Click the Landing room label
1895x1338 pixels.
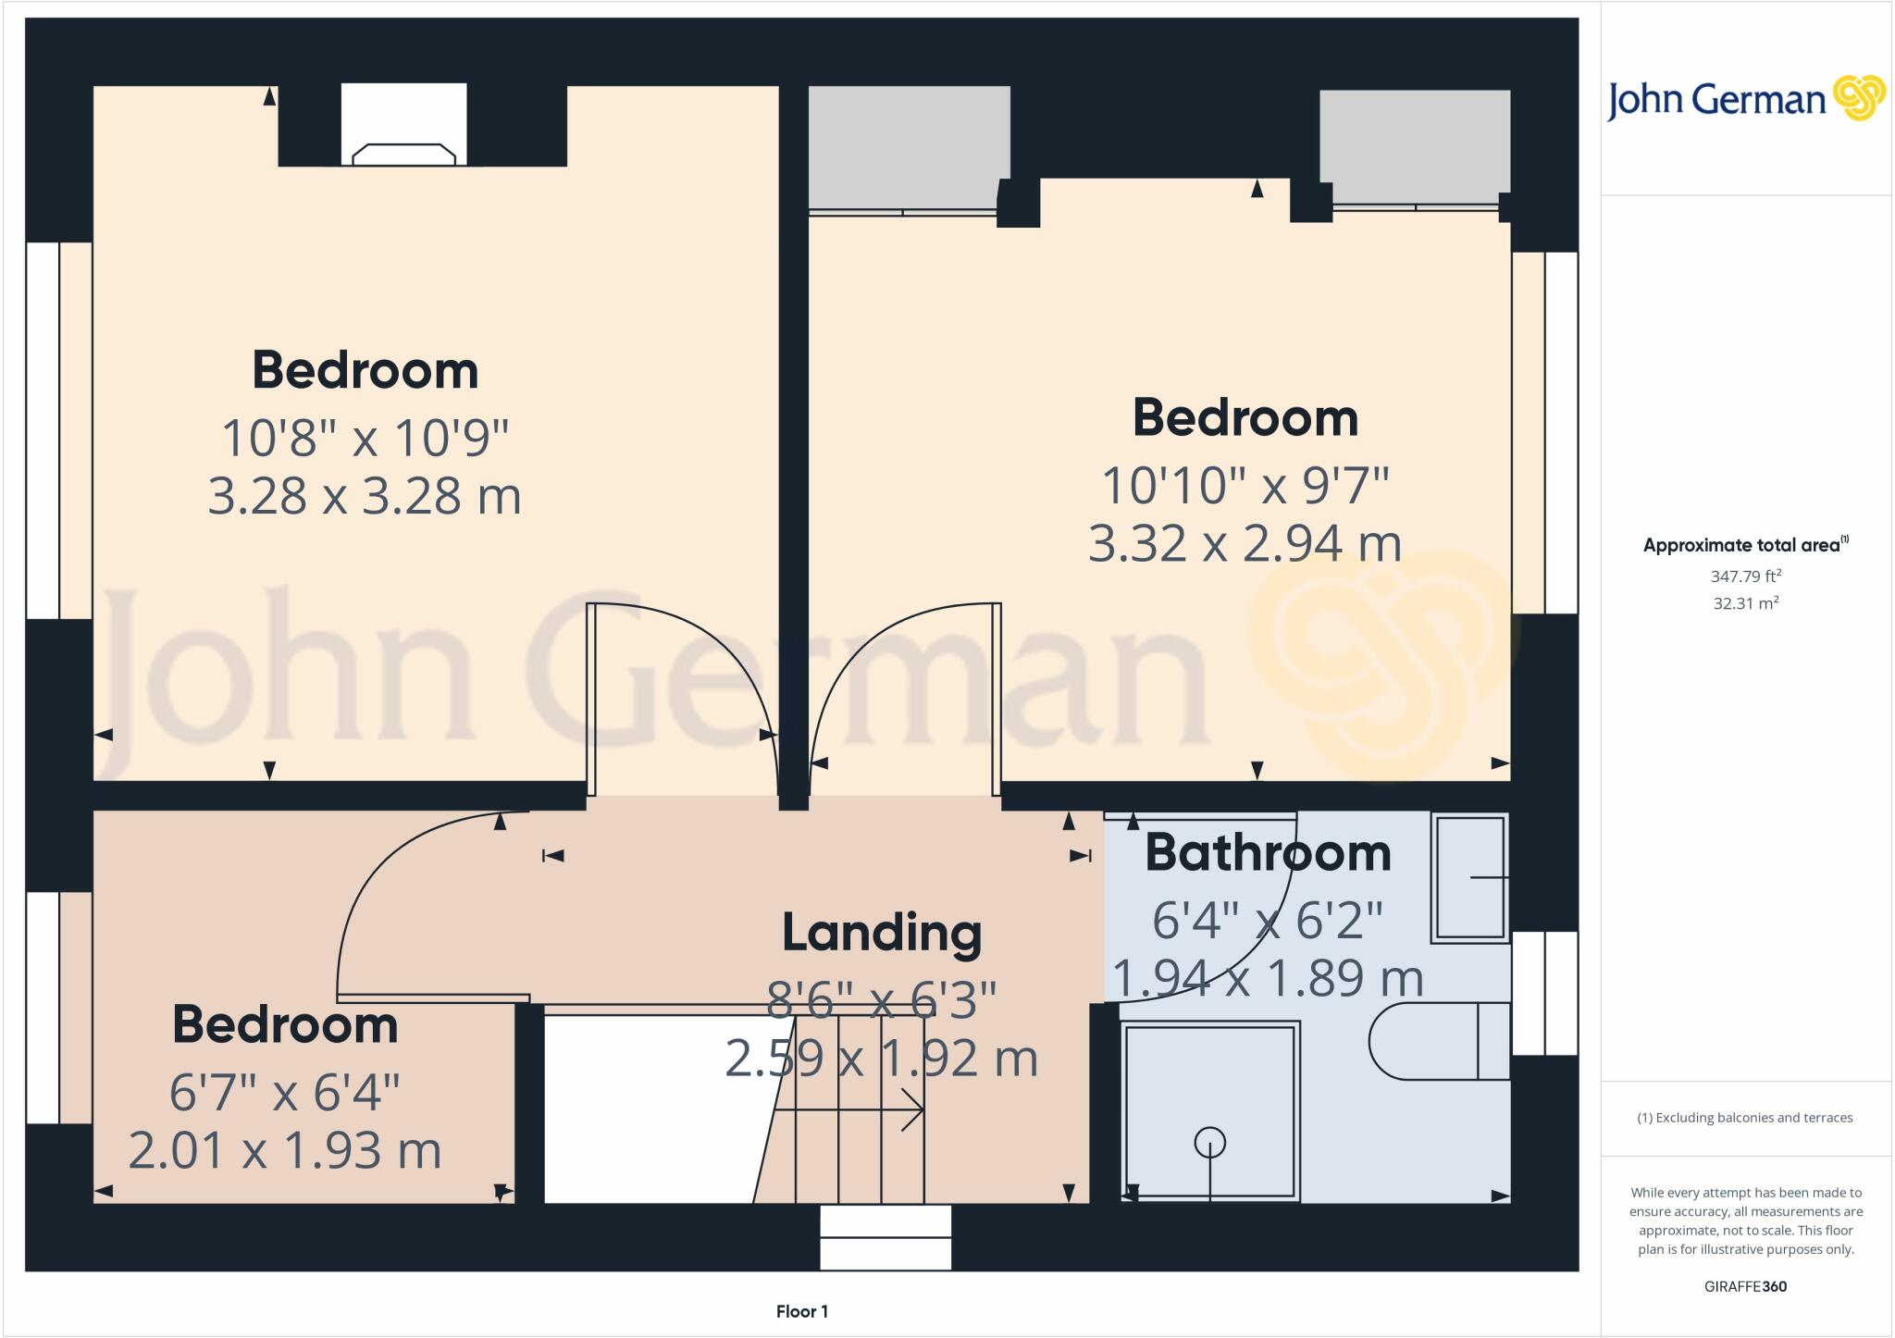coord(881,933)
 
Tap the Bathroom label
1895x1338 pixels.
coord(1268,853)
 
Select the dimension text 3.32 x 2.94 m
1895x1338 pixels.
coord(1245,543)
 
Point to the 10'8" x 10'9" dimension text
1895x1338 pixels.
coord(365,437)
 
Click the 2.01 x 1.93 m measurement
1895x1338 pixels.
coord(285,1151)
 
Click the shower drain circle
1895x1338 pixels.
coord(1209,1144)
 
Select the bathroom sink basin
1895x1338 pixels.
coord(1469,876)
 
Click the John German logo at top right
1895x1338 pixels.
coord(1745,99)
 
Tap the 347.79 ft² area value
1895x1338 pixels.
coord(1745,576)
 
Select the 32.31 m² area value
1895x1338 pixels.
coord(1745,603)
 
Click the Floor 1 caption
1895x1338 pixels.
coord(801,1311)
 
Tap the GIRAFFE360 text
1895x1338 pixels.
coord(1745,1286)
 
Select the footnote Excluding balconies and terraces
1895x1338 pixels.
coord(1745,1118)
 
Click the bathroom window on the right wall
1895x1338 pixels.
coord(1544,993)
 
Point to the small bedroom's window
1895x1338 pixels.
coord(43,1008)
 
